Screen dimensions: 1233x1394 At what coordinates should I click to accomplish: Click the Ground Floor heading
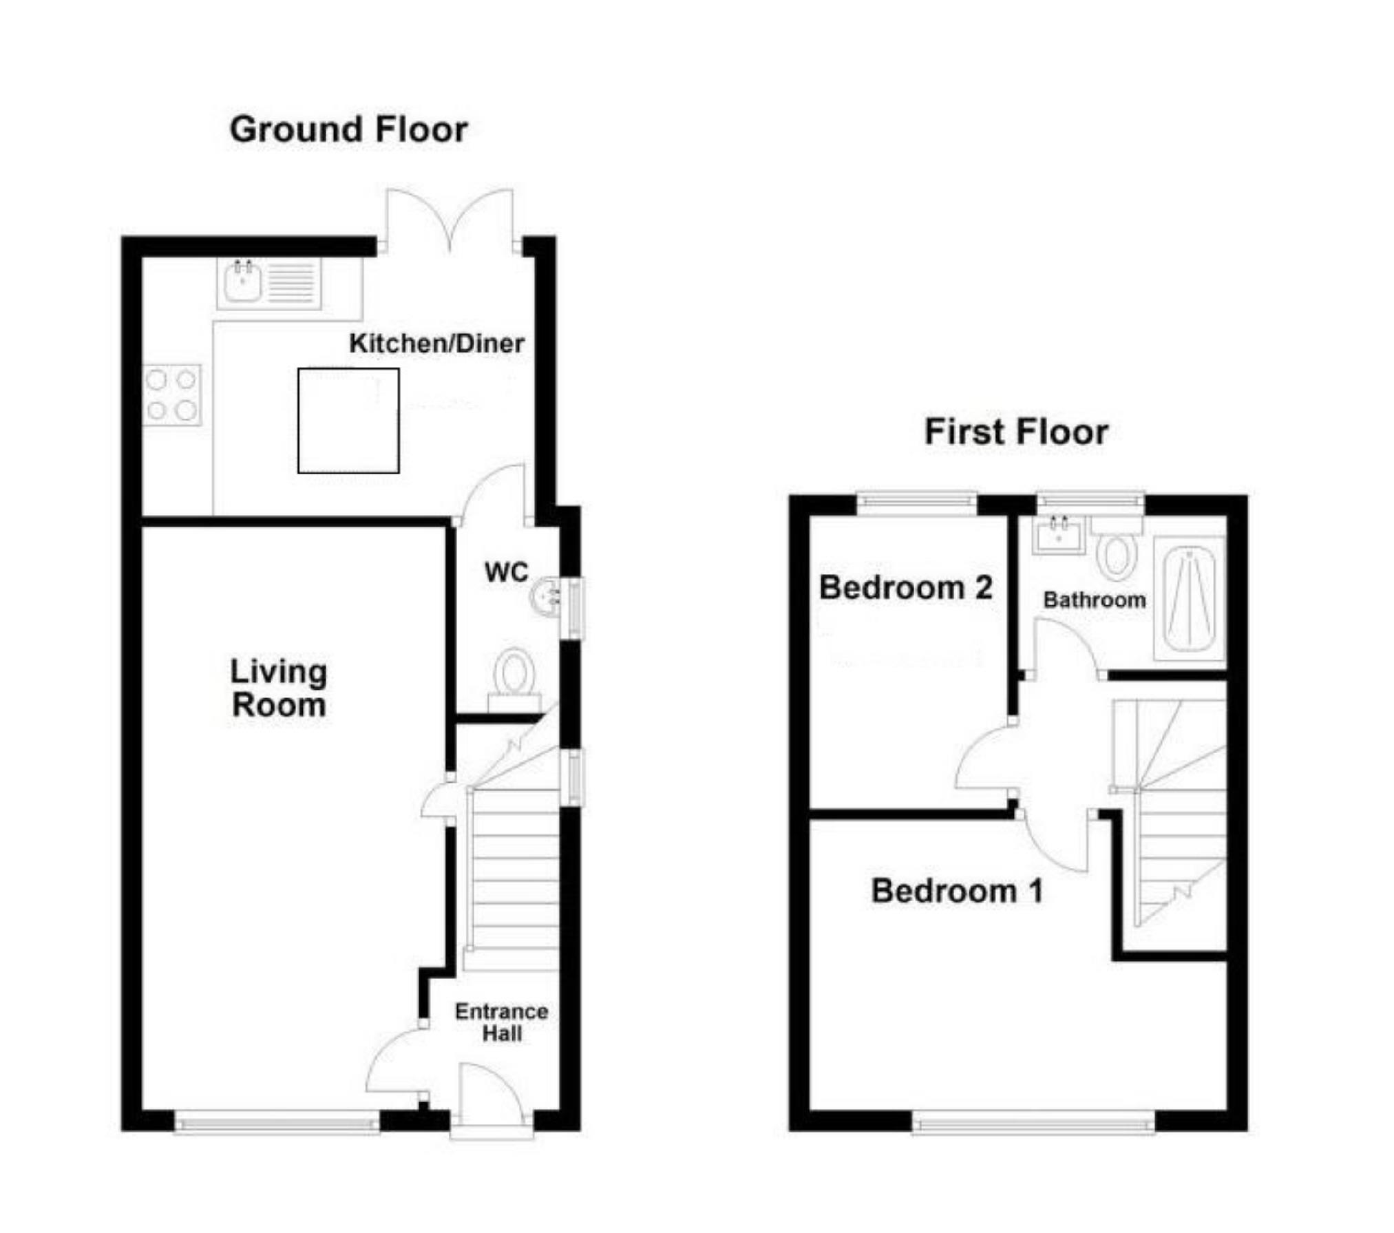348,129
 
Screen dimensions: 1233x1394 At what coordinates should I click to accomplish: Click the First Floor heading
1015,432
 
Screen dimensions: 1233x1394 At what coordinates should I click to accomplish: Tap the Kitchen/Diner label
436,343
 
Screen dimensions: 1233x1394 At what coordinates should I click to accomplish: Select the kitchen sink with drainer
268,282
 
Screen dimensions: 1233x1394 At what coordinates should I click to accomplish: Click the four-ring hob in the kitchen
171,394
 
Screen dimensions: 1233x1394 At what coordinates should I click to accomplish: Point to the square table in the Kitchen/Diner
348,421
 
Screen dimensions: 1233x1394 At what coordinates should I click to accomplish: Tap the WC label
506,571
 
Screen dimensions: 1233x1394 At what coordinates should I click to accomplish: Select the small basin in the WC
547,596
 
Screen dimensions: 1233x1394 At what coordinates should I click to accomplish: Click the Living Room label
278,688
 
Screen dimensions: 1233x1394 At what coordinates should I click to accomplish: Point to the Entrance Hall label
501,1022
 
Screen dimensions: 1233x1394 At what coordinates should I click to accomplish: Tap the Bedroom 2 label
905,587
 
